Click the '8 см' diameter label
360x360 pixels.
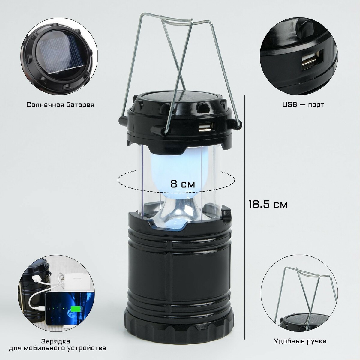182,184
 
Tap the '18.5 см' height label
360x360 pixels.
268,205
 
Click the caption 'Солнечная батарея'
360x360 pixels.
60,105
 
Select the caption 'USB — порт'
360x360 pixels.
303,104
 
